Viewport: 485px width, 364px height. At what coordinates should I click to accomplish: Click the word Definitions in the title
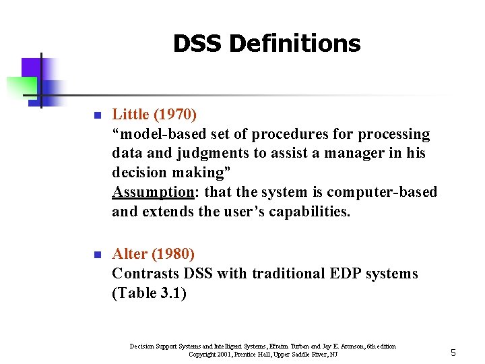[x=295, y=44]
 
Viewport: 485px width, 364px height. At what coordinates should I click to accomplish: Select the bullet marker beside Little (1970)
[x=96, y=117]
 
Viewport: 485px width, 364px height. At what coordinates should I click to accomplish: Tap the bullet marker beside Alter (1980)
[x=96, y=255]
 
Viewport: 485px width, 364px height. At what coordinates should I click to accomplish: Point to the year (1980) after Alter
[x=173, y=254]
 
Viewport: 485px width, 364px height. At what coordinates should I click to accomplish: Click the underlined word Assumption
[x=153, y=192]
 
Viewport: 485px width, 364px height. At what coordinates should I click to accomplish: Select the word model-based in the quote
[x=158, y=134]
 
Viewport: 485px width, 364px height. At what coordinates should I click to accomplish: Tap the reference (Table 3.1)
[x=149, y=293]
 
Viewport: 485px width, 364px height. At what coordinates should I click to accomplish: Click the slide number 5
[x=453, y=353]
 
